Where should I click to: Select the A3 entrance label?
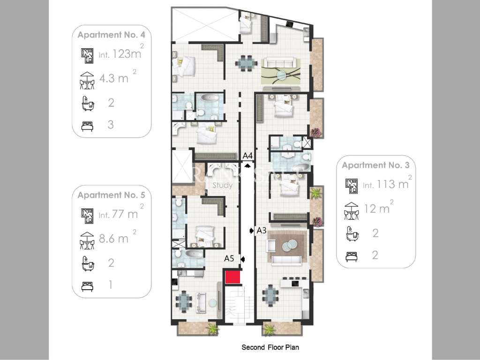262,230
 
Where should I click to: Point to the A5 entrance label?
229,258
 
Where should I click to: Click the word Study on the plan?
223,186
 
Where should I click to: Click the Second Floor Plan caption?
270,347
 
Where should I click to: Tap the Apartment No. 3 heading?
376,165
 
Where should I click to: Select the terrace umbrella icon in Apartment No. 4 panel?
87,80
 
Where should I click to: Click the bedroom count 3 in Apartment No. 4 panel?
111,125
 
